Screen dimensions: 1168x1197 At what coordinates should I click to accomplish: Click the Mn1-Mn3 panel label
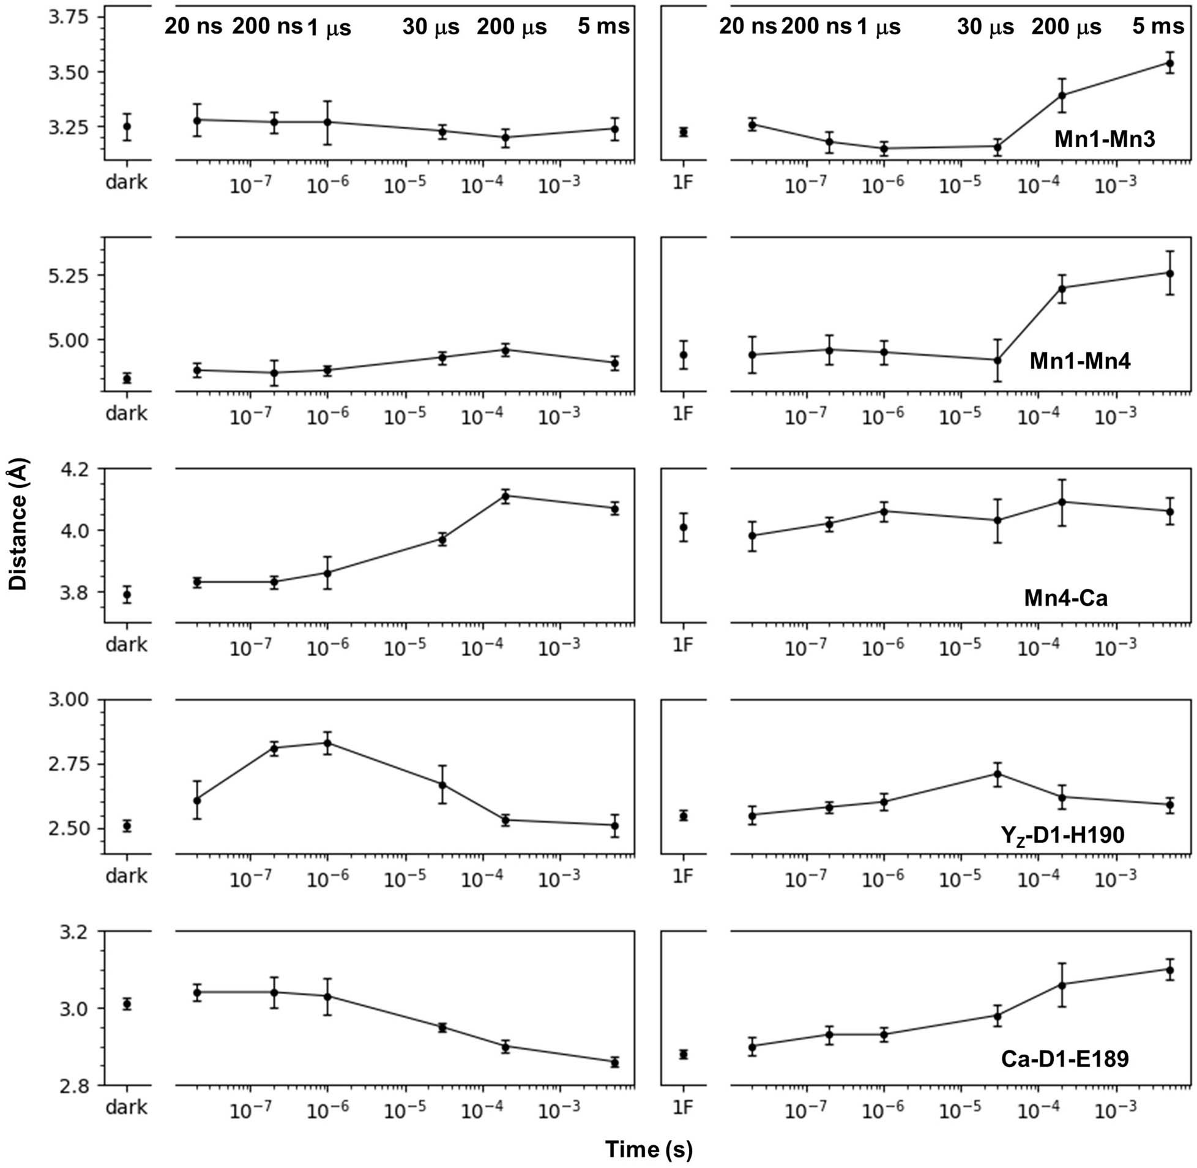(x=1105, y=139)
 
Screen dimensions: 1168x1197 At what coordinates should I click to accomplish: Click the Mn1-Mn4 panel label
(x=1080, y=361)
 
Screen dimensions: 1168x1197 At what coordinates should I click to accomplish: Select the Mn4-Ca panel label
(x=1066, y=597)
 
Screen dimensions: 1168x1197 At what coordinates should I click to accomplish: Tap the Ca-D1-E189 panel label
(x=1065, y=1059)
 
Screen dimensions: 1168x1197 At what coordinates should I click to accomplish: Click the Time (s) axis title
(x=649, y=1149)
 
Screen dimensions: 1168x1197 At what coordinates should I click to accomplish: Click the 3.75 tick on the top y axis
(x=69, y=17)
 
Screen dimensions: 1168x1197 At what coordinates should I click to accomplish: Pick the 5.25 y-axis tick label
(x=69, y=275)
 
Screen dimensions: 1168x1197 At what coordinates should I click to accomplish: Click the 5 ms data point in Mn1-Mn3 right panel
(x=1169, y=63)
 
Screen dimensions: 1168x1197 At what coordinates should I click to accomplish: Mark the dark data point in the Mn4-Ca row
(x=127, y=594)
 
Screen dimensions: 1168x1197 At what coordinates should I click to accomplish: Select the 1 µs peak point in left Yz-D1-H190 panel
(x=327, y=744)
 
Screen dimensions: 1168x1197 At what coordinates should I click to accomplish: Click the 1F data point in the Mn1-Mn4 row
(x=683, y=354)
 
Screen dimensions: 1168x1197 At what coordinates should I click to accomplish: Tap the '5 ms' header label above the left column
(x=603, y=27)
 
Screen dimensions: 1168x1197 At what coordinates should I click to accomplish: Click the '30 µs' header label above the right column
(x=985, y=27)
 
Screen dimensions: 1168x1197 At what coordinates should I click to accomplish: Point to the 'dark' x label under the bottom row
(x=127, y=1107)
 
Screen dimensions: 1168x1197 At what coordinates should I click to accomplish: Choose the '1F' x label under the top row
(x=682, y=182)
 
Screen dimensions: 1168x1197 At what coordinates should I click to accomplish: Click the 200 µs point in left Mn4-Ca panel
(x=505, y=496)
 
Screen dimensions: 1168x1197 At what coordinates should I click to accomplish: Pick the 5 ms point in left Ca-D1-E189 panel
(x=614, y=1062)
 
